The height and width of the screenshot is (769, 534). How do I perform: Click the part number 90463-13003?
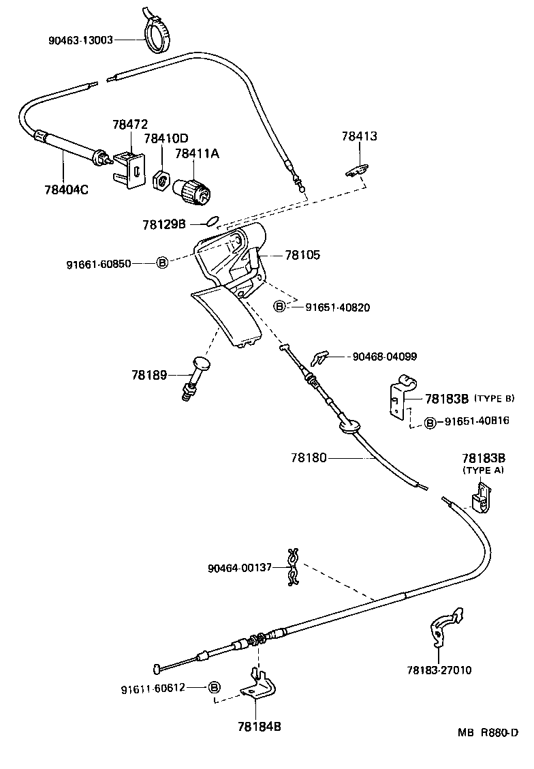[80, 40]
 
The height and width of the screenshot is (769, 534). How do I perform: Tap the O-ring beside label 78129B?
[213, 220]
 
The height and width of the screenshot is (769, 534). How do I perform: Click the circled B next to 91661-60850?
[162, 262]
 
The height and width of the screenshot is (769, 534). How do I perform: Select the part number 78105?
[302, 255]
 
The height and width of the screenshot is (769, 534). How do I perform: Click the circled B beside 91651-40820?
[279, 307]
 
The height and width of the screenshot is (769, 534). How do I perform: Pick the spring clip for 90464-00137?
[294, 567]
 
